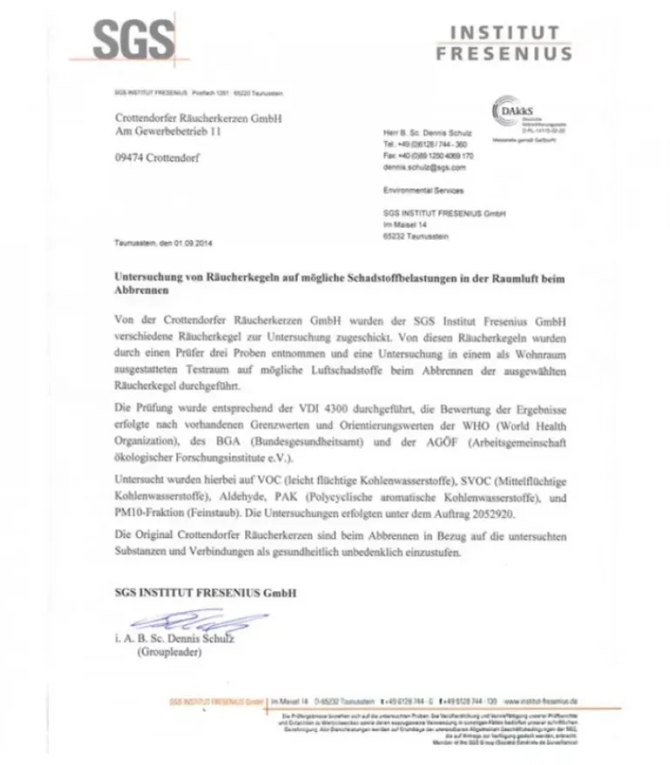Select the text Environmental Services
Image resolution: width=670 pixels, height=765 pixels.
coord(423,190)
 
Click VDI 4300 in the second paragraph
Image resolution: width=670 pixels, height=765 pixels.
coord(318,408)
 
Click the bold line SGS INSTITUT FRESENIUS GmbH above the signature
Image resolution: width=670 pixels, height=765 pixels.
coord(205,593)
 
